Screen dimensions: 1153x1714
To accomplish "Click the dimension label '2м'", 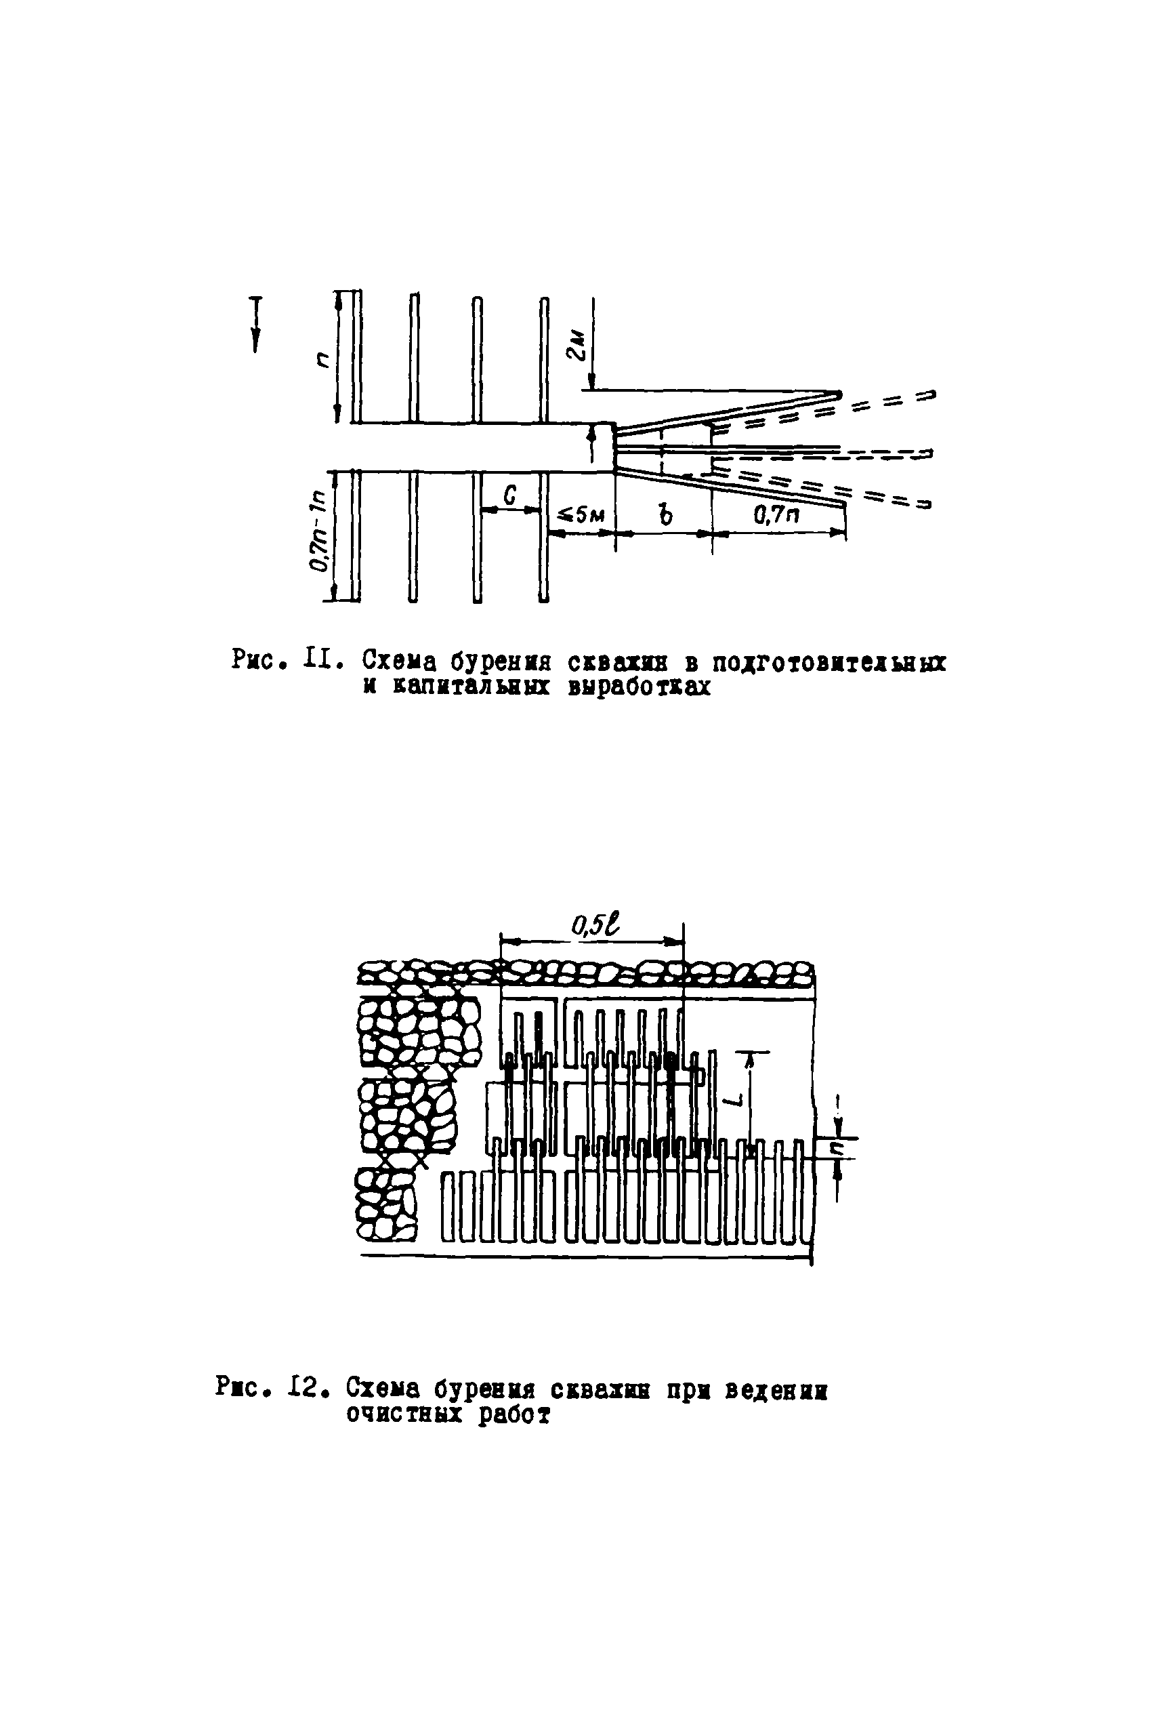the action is (x=579, y=345).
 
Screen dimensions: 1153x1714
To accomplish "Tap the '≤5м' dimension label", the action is (x=582, y=515).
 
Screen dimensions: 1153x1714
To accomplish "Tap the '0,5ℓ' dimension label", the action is (x=595, y=925).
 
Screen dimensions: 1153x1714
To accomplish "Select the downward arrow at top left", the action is (x=256, y=324).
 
